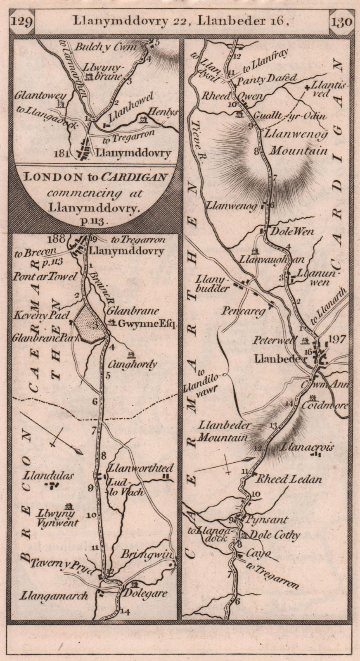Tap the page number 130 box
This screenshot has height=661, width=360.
coord(341,21)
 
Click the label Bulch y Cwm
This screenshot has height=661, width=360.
coord(105,48)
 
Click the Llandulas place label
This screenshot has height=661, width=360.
coord(54,476)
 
